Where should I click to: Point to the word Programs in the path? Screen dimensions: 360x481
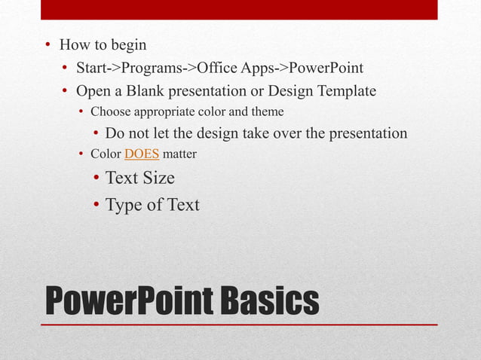(x=153, y=69)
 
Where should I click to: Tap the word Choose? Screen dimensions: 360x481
(x=110, y=112)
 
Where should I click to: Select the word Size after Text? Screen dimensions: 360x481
(x=157, y=178)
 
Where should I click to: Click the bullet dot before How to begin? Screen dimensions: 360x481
(x=47, y=45)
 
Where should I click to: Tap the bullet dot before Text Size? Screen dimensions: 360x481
(x=97, y=178)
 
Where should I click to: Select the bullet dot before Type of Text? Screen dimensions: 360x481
(x=97, y=205)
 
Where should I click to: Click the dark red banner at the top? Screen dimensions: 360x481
(x=239, y=9)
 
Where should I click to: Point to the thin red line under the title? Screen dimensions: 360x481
(x=239, y=325)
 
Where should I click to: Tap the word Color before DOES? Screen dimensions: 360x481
(x=106, y=155)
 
